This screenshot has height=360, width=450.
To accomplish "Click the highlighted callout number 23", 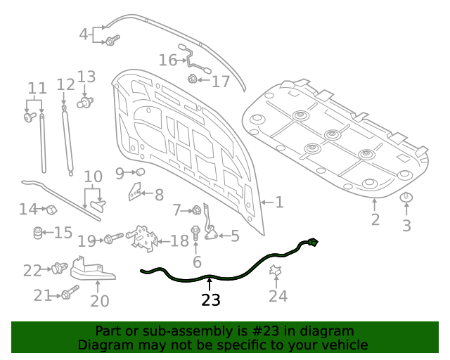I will pyautogui.click(x=210, y=300).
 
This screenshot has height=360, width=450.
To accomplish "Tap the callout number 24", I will pyautogui.click(x=278, y=296).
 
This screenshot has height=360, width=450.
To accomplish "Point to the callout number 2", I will pyautogui.click(x=375, y=219).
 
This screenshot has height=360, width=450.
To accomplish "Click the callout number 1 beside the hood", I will pyautogui.click(x=278, y=202).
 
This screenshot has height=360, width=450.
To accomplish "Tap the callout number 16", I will pyautogui.click(x=167, y=60).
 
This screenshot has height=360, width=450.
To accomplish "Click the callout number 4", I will pyautogui.click(x=84, y=34).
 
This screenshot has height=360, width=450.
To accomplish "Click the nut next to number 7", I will pyautogui.click(x=196, y=210).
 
